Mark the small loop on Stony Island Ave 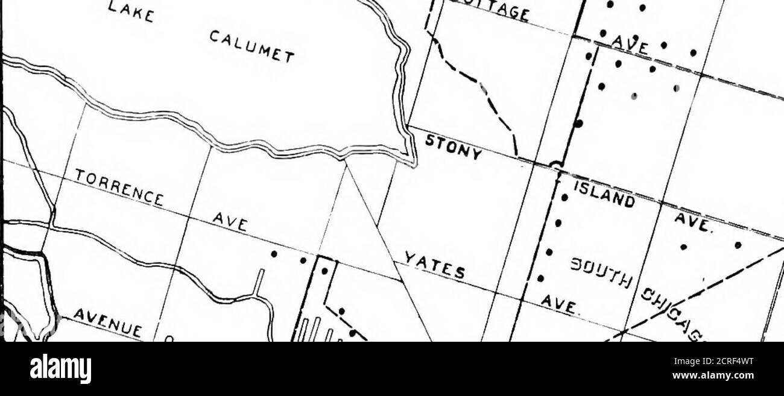pos(553,165)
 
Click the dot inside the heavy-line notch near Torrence pos(325,271)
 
